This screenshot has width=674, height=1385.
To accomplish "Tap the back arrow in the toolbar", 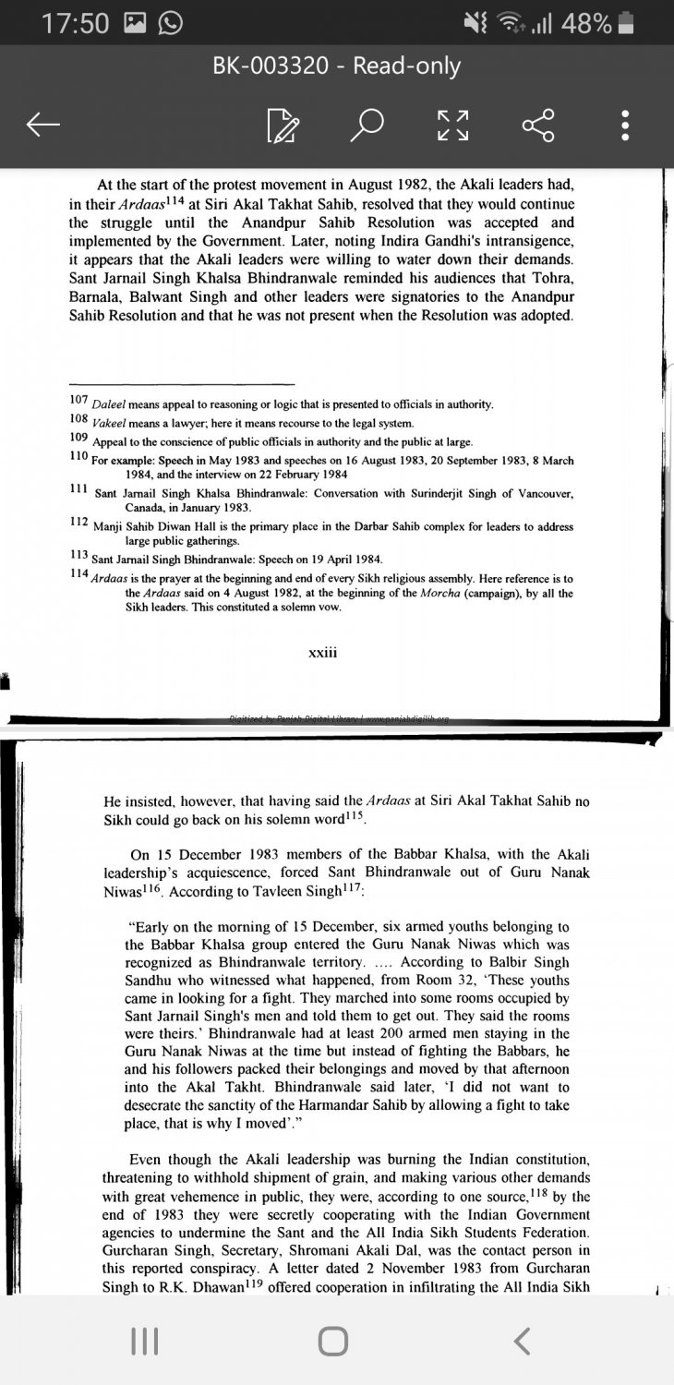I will [44, 125].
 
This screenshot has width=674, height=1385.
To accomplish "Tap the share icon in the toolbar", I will [538, 125].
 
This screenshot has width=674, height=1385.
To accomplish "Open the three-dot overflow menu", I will [626, 125].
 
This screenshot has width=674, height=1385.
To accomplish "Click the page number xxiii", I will [323, 652].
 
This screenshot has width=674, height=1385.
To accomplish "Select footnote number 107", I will [78, 400].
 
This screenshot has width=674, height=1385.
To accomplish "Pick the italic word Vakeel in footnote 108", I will [111, 422].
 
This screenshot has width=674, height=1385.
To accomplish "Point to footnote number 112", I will [78, 522].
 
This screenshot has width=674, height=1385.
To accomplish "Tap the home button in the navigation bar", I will [333, 1341].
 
